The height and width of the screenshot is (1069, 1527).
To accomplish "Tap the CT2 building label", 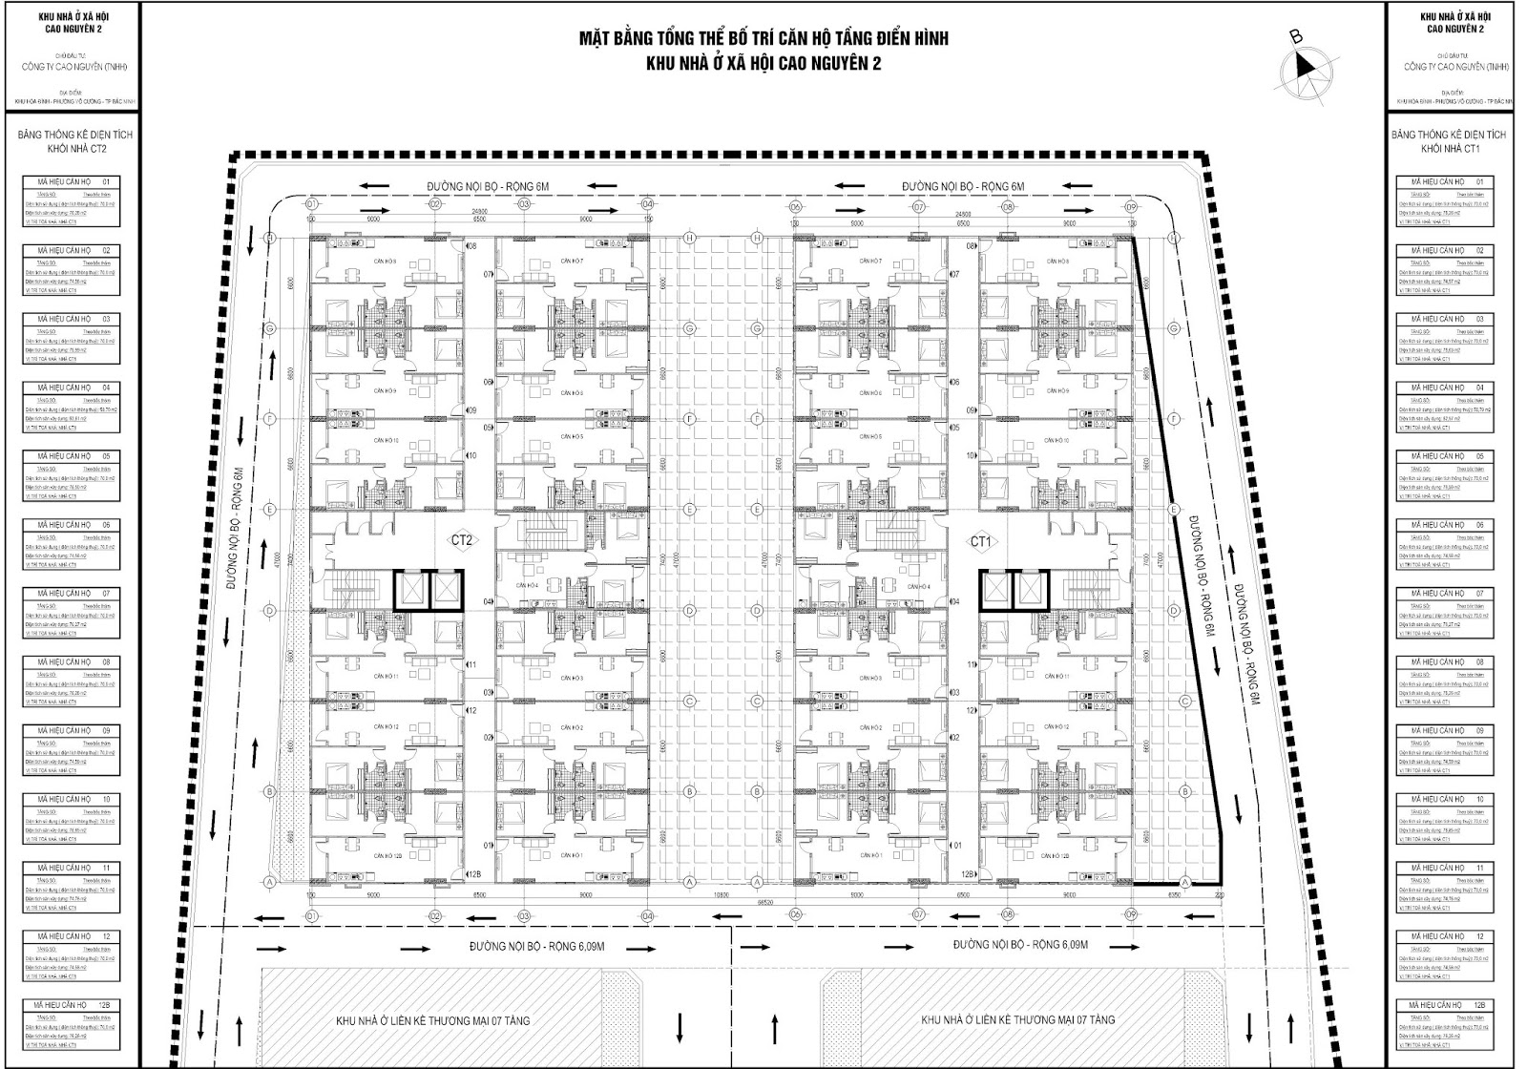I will click(463, 540).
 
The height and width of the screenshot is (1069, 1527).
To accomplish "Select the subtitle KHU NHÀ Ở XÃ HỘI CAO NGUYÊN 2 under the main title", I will click(763, 63).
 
